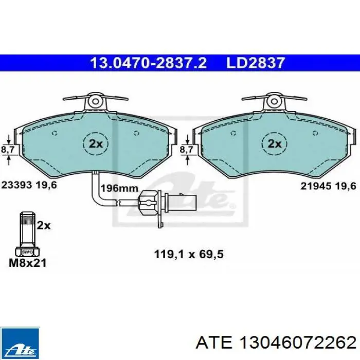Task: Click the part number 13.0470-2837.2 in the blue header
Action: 148,63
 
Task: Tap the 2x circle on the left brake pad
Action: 96,143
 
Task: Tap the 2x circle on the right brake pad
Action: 275,143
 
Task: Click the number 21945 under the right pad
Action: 315,187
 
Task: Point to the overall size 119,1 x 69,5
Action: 189,254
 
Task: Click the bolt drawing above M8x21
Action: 26,233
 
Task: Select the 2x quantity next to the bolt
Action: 44,225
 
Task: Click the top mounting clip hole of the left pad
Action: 96,101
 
